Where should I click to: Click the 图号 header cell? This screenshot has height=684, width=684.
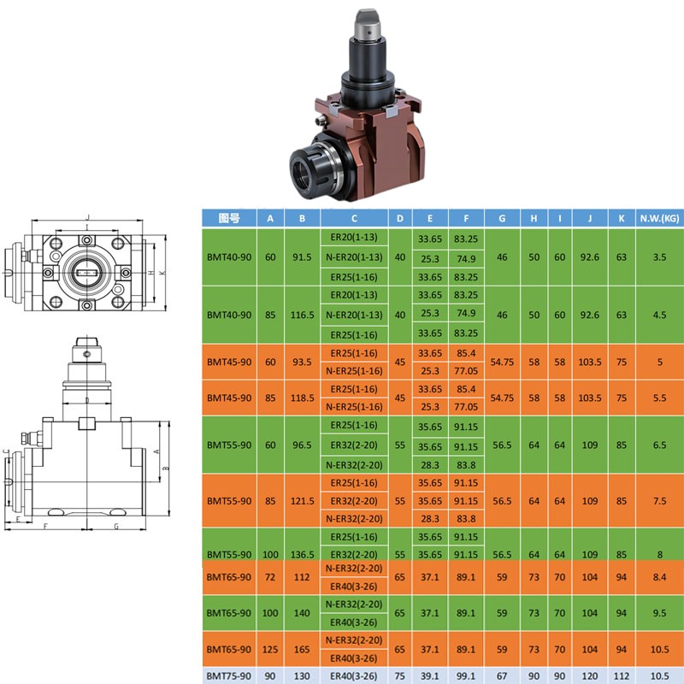[x=229, y=218]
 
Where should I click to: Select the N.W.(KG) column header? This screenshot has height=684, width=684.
[x=659, y=218]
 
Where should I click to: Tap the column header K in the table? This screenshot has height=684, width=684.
[x=622, y=218]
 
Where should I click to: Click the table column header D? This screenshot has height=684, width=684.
[x=399, y=218]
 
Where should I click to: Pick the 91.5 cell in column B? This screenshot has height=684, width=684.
[x=302, y=257]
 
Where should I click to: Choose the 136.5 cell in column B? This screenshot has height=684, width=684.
[x=302, y=554]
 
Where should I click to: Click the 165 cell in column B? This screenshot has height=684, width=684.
[x=302, y=649]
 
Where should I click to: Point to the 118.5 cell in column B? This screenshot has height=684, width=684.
[x=302, y=398]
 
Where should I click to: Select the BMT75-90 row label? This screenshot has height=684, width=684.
[x=229, y=675]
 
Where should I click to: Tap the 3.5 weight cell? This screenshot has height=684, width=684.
[x=659, y=257]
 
